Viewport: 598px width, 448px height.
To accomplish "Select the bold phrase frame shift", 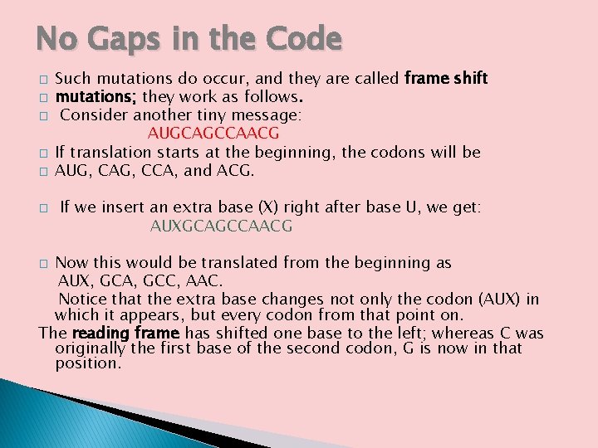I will [446, 79].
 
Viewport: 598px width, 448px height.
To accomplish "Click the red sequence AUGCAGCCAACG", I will [213, 134].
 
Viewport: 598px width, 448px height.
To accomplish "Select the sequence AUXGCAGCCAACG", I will [221, 226].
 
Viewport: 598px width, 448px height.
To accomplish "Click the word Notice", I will [82, 299].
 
